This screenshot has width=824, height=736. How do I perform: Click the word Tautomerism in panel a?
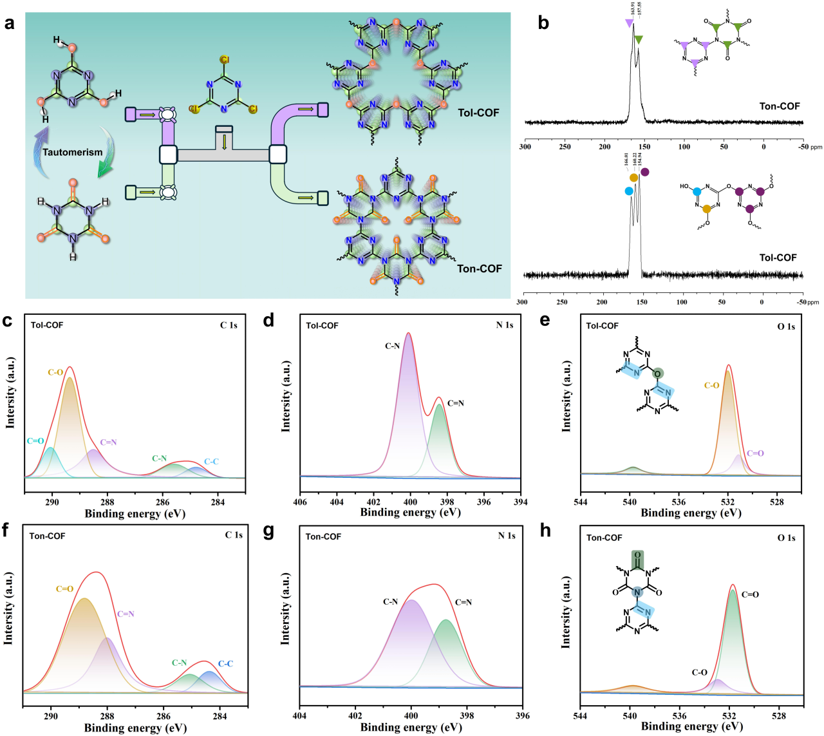72,152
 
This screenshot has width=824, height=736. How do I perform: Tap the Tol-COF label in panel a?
478,113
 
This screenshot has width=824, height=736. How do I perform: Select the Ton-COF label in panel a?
479,269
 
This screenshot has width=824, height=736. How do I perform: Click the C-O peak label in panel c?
56,372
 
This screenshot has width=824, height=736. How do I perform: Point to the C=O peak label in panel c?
35,441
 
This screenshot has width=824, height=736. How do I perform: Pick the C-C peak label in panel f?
225,663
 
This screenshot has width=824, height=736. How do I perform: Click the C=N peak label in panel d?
455,403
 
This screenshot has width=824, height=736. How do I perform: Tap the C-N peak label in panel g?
391,601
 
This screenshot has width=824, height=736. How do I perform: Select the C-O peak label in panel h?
700,672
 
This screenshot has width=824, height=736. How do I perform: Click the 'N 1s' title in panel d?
505,325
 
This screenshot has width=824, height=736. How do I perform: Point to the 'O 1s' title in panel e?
786,326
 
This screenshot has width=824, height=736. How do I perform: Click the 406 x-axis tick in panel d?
300,502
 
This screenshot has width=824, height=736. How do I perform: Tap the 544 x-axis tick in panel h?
580,715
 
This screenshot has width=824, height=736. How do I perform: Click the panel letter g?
268,531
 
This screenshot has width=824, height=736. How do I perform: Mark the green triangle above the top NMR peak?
638,40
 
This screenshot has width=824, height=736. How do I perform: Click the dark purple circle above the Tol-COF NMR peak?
645,172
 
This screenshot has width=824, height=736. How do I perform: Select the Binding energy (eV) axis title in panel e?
691,513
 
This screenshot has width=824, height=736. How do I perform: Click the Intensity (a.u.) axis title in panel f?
9,608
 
